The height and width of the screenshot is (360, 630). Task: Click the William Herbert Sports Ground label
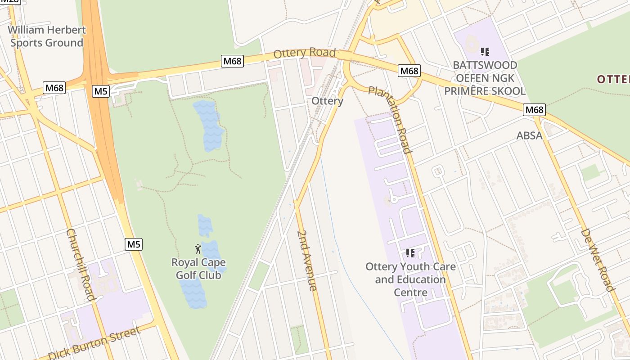click(x=47, y=36)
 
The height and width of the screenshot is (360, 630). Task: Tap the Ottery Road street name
click(x=305, y=53)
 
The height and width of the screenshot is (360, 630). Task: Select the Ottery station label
click(x=327, y=101)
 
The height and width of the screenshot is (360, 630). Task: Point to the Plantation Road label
click(x=390, y=119)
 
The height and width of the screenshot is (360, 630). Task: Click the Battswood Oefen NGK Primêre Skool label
click(x=485, y=78)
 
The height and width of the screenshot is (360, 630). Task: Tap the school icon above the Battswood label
click(x=485, y=52)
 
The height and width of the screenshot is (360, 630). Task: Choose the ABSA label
click(x=529, y=135)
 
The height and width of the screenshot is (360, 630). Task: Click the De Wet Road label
click(x=598, y=260)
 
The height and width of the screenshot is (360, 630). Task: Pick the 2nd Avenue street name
click(x=307, y=261)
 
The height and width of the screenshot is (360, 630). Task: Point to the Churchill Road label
click(x=81, y=264)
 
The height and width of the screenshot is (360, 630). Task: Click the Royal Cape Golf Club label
click(x=198, y=268)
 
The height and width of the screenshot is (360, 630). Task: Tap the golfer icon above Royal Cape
click(x=198, y=248)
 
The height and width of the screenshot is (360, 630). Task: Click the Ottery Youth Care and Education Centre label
click(x=410, y=279)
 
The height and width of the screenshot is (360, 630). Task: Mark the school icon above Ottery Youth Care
click(x=410, y=253)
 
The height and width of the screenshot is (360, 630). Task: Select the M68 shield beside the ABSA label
click(x=534, y=109)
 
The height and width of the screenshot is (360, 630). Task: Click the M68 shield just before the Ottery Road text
click(x=232, y=61)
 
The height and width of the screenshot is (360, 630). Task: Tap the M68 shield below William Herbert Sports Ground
click(x=54, y=87)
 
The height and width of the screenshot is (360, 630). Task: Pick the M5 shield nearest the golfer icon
click(x=134, y=244)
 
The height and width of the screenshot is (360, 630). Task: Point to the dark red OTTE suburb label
click(x=613, y=79)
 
